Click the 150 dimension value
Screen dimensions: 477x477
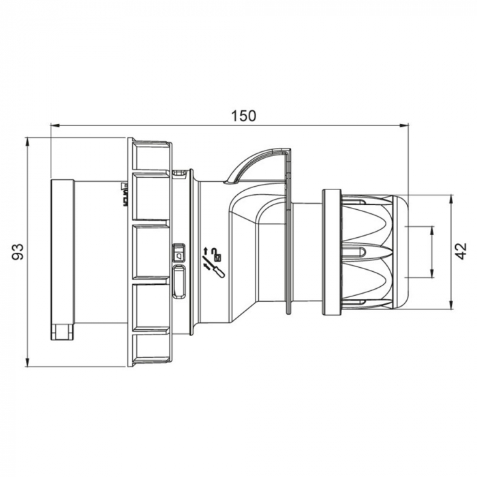point(243,116)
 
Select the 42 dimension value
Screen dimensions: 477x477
point(461,251)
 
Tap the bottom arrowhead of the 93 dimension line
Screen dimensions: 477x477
point(27,363)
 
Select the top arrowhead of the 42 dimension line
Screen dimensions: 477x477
point(450,199)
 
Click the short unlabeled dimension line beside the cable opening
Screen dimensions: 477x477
point(431,252)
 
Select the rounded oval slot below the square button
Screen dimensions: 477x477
point(179,283)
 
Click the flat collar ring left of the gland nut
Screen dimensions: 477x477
point(332,252)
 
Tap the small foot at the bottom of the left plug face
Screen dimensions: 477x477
point(62,332)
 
